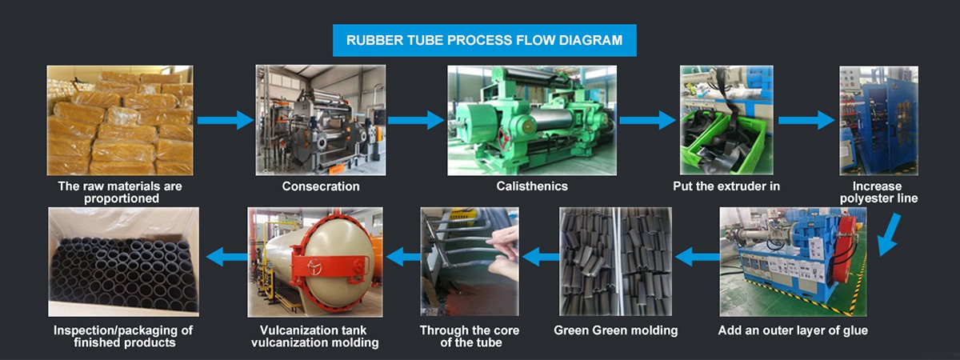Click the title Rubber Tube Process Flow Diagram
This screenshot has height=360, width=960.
484,40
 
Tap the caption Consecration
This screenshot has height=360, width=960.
321,186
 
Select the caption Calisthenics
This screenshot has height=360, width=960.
532,186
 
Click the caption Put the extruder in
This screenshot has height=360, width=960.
726,186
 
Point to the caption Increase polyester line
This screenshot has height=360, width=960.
878,193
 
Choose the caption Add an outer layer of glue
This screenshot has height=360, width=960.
793,330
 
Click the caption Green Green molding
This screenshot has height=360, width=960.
616,330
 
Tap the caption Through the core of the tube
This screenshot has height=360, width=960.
470,337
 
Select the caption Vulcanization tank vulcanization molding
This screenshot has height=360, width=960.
315,337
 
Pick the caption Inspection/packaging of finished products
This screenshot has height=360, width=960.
123,337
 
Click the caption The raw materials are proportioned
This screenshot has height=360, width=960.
121,193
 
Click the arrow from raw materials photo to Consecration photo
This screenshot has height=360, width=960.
226,121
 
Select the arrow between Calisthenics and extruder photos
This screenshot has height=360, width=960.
647,121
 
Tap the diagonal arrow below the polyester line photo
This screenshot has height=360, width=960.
889,234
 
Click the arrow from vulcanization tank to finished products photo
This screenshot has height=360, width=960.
226,257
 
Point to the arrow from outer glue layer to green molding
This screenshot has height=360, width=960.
698,257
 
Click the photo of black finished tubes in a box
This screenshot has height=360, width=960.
123,262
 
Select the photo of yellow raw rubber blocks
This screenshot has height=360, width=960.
120,121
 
